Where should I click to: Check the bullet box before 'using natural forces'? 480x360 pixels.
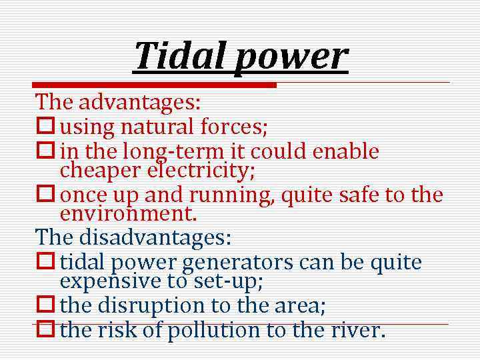pos(45,124)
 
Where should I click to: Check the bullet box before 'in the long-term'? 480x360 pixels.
pos(45,151)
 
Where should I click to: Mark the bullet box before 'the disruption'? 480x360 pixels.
pos(45,305)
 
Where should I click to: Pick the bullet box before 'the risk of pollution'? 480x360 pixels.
pos(45,330)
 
